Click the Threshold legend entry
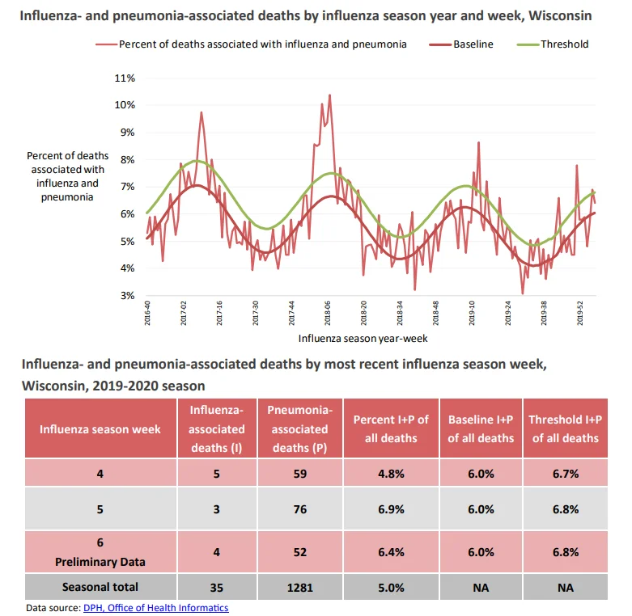tap(553, 44)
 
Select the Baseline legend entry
tap(461, 44)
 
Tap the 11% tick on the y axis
tap(125, 78)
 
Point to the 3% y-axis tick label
tap(127, 296)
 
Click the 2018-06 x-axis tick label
tap(327, 313)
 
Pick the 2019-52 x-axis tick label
tap(579, 313)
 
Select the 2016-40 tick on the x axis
tap(147, 313)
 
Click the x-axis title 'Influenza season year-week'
tap(363, 339)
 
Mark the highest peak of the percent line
tap(329, 95)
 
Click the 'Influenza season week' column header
tap(100, 429)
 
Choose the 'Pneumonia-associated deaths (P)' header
tap(300, 428)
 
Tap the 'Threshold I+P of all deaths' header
tap(565, 428)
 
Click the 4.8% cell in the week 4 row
tap(391, 474)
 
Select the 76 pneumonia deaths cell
tap(300, 509)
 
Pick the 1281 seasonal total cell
tap(300, 588)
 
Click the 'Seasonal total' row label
tap(100, 587)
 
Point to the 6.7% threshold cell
tap(566, 474)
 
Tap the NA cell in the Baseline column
tap(481, 588)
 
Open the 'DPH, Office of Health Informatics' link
tap(156, 608)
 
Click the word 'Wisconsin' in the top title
tap(560, 15)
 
